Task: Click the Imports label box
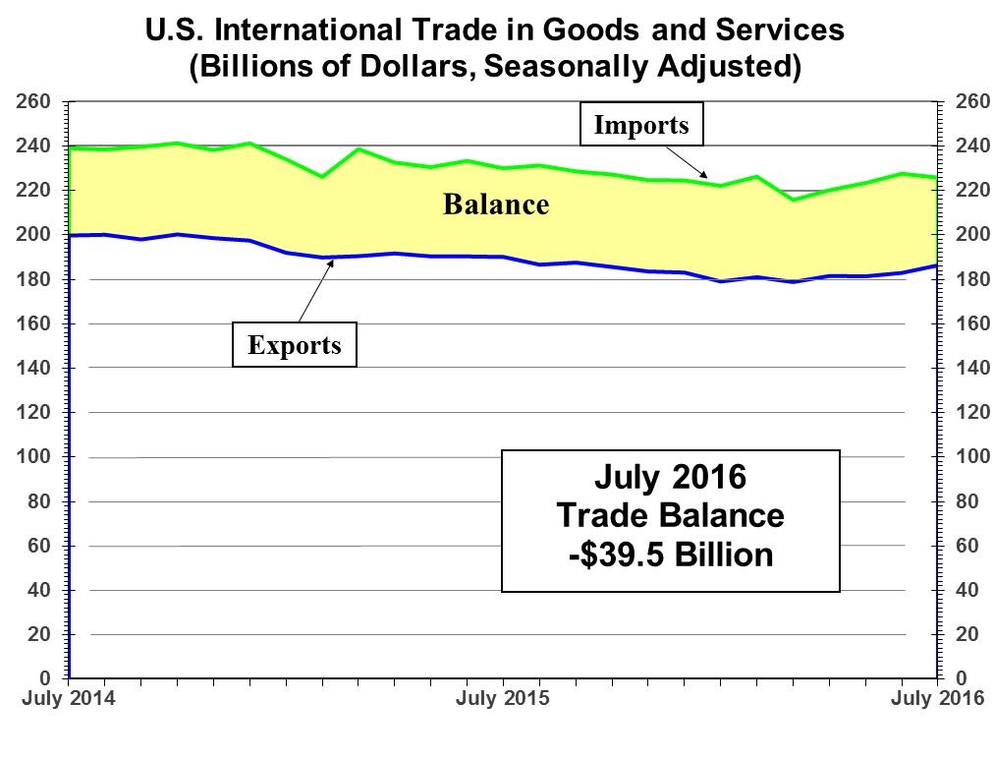pos(641,124)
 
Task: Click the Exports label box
pos(294,344)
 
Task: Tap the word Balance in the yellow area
pos(496,205)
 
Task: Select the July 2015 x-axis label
pos(503,698)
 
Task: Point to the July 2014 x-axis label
pos(69,698)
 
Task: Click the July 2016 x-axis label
pos(938,698)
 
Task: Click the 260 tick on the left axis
pos(32,101)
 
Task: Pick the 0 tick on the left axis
pos(44,678)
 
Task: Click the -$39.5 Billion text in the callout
pos(671,555)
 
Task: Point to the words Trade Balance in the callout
pos(671,515)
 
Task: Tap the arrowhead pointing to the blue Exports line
pos(330,263)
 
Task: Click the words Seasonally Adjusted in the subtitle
pos(638,66)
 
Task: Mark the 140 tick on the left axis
pos(32,368)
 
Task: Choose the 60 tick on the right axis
pos(967,546)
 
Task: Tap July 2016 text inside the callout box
pos(671,477)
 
